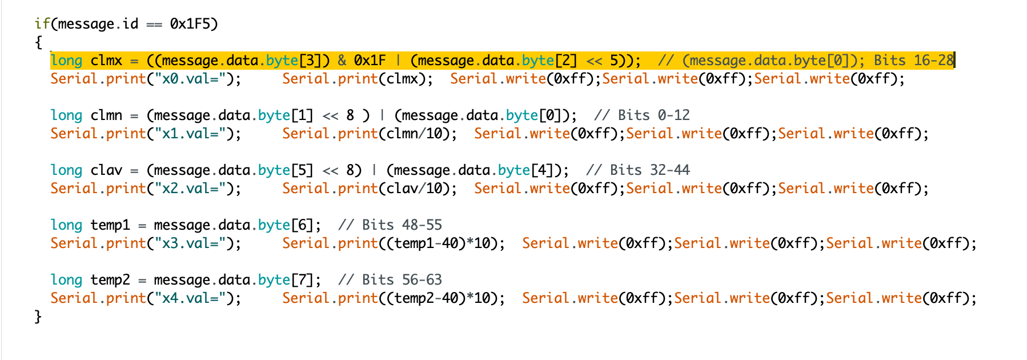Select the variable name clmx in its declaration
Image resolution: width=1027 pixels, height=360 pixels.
coord(106,61)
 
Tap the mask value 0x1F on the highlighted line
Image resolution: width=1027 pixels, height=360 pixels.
coord(370,61)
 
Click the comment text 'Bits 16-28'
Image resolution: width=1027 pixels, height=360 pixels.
coord(914,61)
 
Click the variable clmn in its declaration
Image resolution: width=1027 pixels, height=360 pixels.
coord(106,115)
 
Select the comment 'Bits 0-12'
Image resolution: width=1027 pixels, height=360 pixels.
coord(654,115)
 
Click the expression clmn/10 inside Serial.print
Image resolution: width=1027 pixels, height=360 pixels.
coord(419,134)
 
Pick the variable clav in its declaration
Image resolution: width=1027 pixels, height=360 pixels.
coord(106,170)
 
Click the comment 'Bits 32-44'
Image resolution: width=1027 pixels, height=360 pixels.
coord(650,170)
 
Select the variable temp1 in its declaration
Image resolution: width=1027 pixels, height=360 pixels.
coord(110,225)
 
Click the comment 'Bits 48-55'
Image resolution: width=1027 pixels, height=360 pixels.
coord(402,225)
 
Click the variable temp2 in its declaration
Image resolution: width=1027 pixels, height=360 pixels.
coord(110,280)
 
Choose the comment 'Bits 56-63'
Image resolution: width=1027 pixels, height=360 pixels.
coord(402,280)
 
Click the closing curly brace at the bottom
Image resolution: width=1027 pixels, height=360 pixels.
coord(38,317)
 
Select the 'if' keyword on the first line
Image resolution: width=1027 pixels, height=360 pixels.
coord(42,24)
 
